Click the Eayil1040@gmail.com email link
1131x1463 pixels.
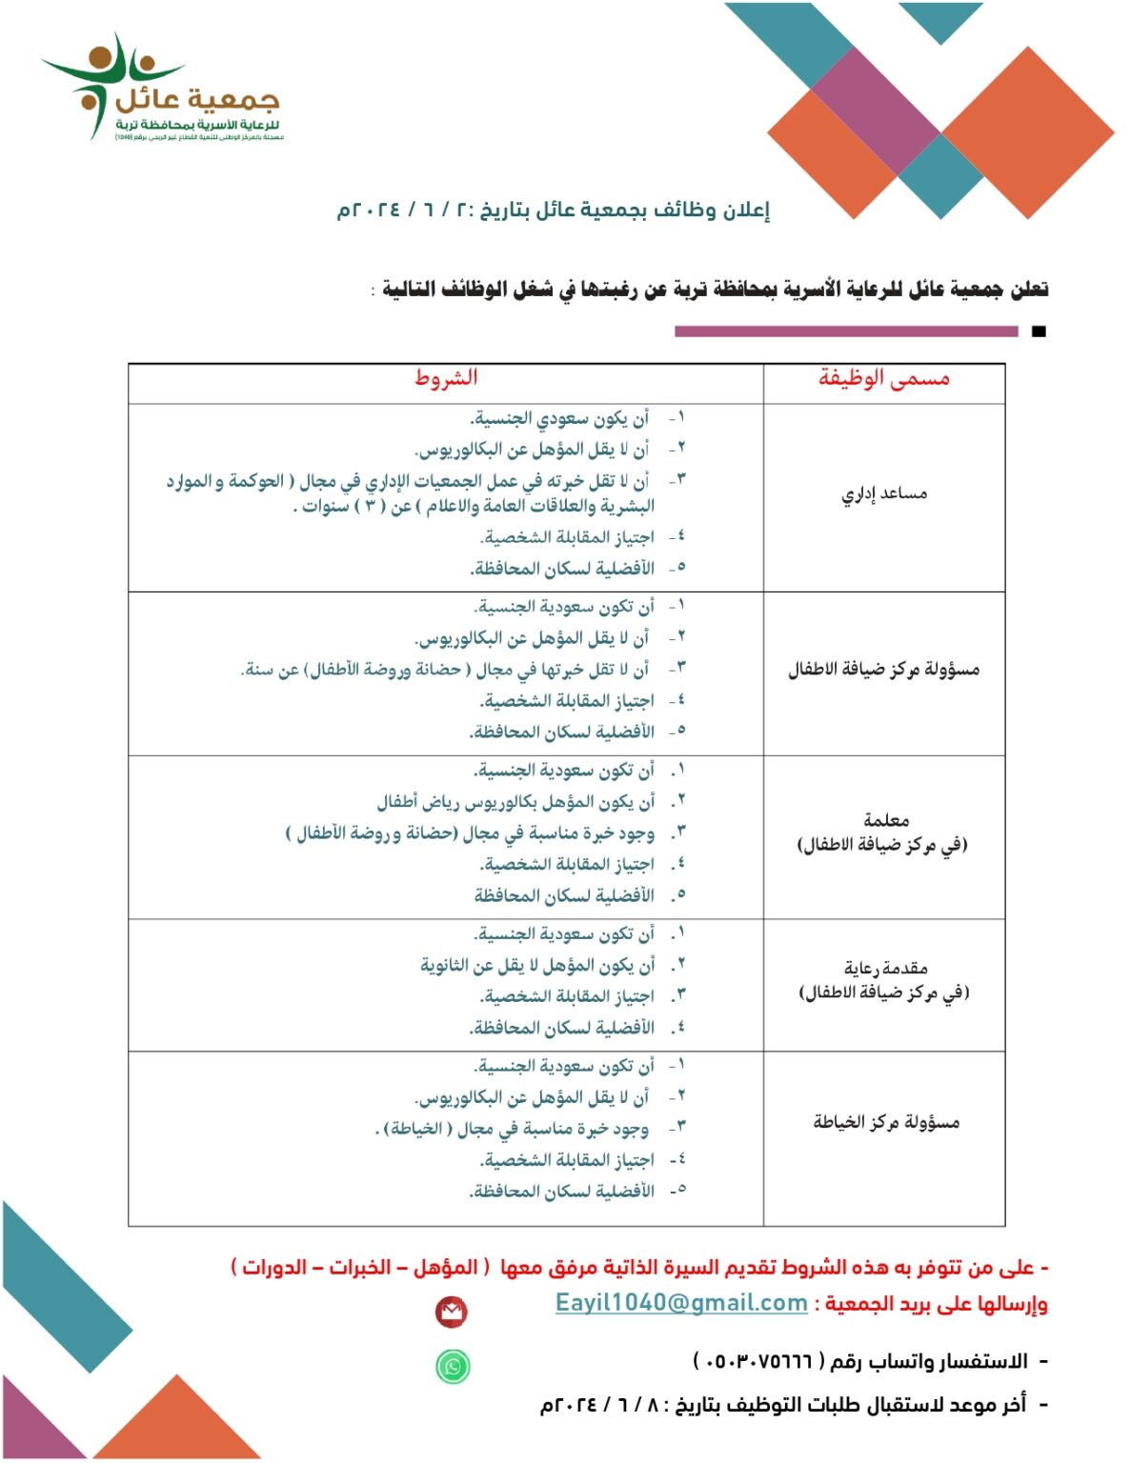pos(681,1303)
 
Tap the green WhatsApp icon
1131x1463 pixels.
pos(453,1366)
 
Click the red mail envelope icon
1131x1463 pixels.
pos(452,1313)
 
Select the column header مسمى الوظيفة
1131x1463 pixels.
pos(884,379)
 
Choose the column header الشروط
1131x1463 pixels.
pos(445,378)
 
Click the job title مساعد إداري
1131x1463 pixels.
pos(884,493)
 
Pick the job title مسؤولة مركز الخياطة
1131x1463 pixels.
pos(886,1122)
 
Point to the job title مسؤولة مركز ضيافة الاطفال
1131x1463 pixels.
pos(883,670)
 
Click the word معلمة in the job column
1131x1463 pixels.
pos(886,819)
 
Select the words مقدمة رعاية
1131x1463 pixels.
pos(886,968)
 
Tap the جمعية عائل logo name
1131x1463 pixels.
pos(197,98)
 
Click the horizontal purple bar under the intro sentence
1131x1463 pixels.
pos(846,331)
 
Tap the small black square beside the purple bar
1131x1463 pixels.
pos(1039,331)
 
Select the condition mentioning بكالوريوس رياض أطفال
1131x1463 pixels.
pos(515,802)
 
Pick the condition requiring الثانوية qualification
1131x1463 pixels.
pos(538,966)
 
